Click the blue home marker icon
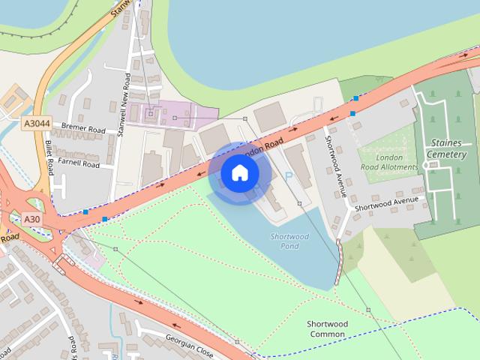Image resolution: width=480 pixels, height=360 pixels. click(x=239, y=172)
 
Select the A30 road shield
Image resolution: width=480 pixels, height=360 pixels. click(x=31, y=219)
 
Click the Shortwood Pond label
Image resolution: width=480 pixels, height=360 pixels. click(x=289, y=241)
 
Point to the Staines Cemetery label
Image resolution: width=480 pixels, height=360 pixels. click(x=448, y=148)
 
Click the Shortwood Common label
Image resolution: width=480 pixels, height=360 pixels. click(x=327, y=328)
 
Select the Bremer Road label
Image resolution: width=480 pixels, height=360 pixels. click(x=83, y=128)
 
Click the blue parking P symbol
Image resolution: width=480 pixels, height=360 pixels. click(x=289, y=176)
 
